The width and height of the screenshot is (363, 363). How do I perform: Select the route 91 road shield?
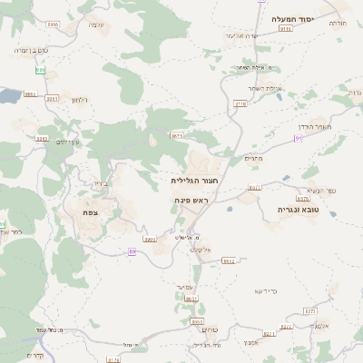pyautogui.click(x=298, y=138)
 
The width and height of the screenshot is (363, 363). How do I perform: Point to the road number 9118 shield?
pyautogui.click(x=240, y=105)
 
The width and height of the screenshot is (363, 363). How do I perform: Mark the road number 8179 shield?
pyautogui.click(x=113, y=359)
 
